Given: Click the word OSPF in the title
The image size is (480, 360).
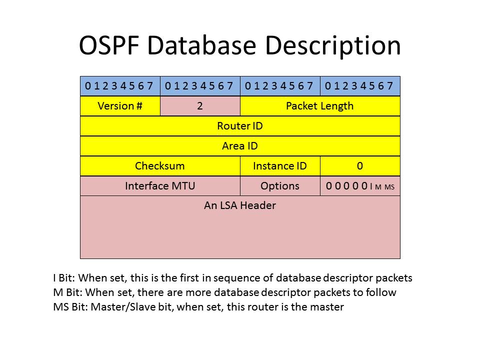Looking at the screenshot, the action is [x=108, y=45].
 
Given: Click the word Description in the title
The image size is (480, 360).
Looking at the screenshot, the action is [x=333, y=46].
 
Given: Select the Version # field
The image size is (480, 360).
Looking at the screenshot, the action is [x=120, y=106].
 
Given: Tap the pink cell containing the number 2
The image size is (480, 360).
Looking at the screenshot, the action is [x=200, y=106].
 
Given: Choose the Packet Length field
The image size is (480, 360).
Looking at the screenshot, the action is [x=320, y=106].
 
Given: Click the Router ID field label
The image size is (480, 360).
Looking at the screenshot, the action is [x=240, y=126].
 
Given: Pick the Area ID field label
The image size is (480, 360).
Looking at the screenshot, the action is [x=240, y=145].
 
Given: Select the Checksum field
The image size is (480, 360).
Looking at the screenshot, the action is [x=160, y=166].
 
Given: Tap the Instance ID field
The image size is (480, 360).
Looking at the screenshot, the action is [x=280, y=166].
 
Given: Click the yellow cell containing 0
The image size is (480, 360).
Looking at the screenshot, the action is [x=360, y=166].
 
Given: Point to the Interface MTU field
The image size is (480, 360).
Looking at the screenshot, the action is [x=160, y=186].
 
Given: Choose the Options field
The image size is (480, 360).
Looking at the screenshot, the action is [x=280, y=186].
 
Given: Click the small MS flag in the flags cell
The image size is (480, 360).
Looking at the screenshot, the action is [x=389, y=187].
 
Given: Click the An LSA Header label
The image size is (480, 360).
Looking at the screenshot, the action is [x=240, y=205].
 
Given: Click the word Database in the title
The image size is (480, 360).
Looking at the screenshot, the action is [x=201, y=45].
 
